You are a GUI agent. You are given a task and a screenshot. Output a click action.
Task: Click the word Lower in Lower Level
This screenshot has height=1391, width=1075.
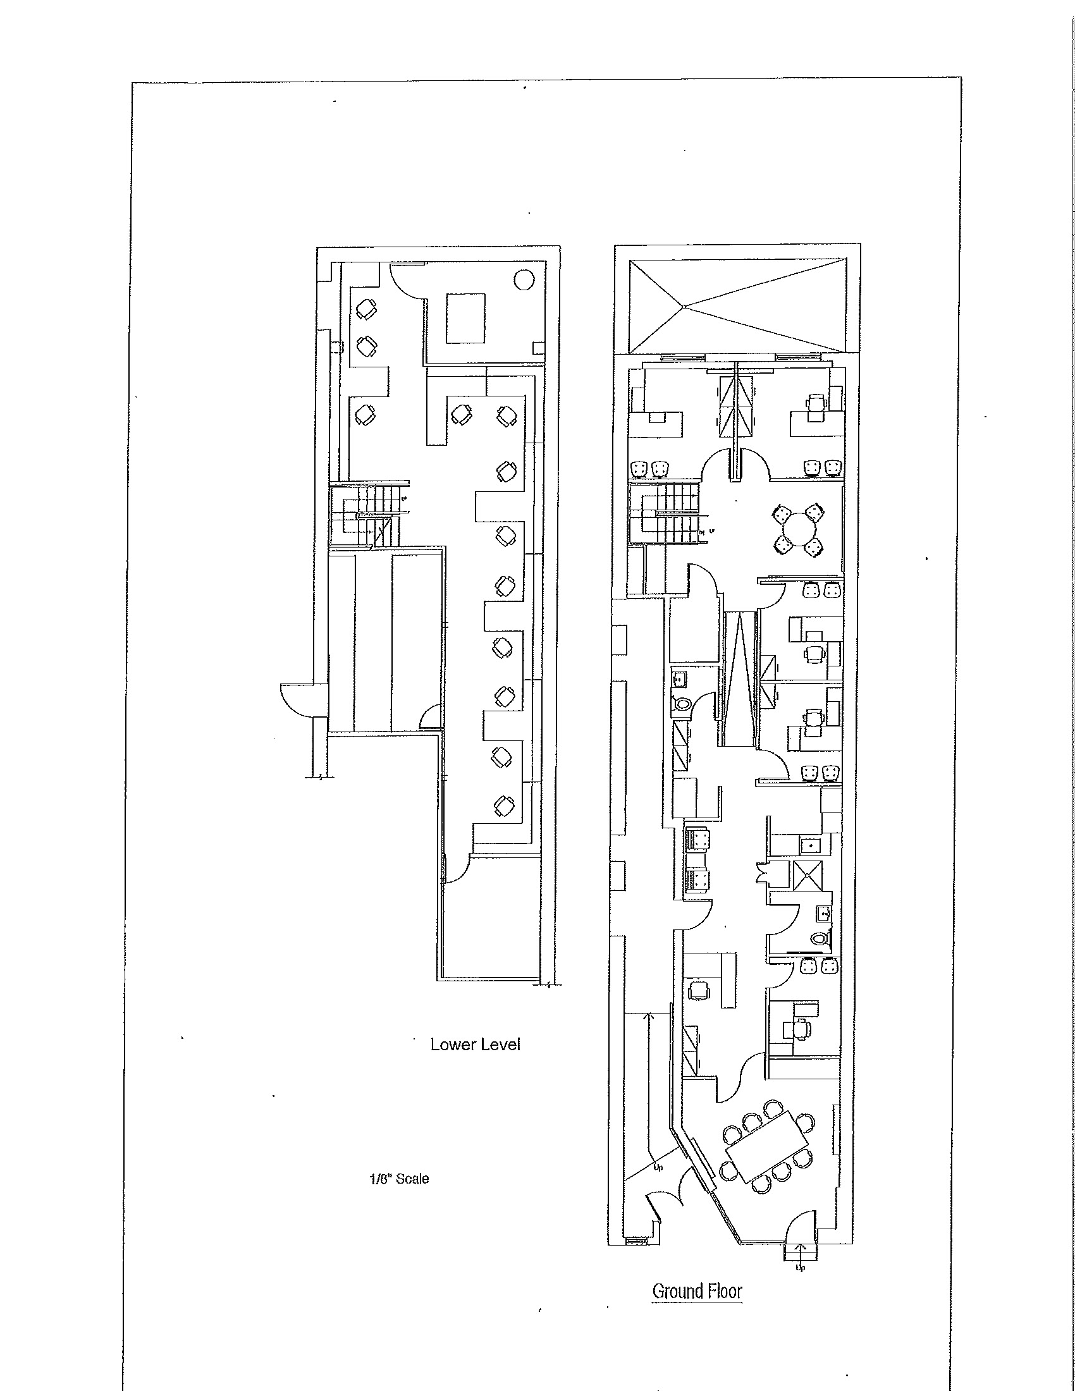pyautogui.click(x=453, y=1045)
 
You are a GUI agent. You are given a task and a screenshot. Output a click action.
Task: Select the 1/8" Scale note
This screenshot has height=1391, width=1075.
pyautogui.click(x=399, y=1179)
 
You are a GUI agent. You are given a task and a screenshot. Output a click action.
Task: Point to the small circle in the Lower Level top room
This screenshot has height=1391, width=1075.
pyautogui.click(x=524, y=279)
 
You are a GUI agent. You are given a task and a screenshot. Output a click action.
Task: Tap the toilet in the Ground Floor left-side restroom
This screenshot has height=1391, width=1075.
pyautogui.click(x=683, y=704)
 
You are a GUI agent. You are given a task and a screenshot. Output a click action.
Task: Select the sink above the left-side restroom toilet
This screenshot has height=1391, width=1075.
pyautogui.click(x=680, y=679)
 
